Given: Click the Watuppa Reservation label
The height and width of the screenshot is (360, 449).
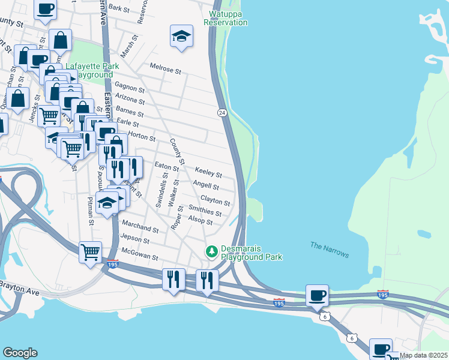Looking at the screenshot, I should pos(225,18).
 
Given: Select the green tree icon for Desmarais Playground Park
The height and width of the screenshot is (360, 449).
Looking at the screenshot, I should pos(211,250).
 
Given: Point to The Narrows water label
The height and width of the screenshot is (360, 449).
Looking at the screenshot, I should pos(329,250).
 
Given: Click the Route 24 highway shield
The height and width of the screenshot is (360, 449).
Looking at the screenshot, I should pos(221,113).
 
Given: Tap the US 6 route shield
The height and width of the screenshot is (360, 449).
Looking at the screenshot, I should pos(324,316).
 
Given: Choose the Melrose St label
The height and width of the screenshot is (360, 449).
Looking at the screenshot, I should pos(165,70).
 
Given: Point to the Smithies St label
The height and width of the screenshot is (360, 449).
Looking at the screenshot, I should pos(205,211).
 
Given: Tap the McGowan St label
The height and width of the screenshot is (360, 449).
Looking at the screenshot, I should pos(139,257).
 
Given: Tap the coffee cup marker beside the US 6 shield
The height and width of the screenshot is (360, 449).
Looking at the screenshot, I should pos(317,295).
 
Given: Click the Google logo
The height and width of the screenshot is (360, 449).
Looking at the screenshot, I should pos(20,353).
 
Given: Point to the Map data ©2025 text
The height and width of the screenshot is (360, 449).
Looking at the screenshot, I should pos(423,355).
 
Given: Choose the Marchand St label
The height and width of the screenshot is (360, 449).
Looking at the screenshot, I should pos(140,229).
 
